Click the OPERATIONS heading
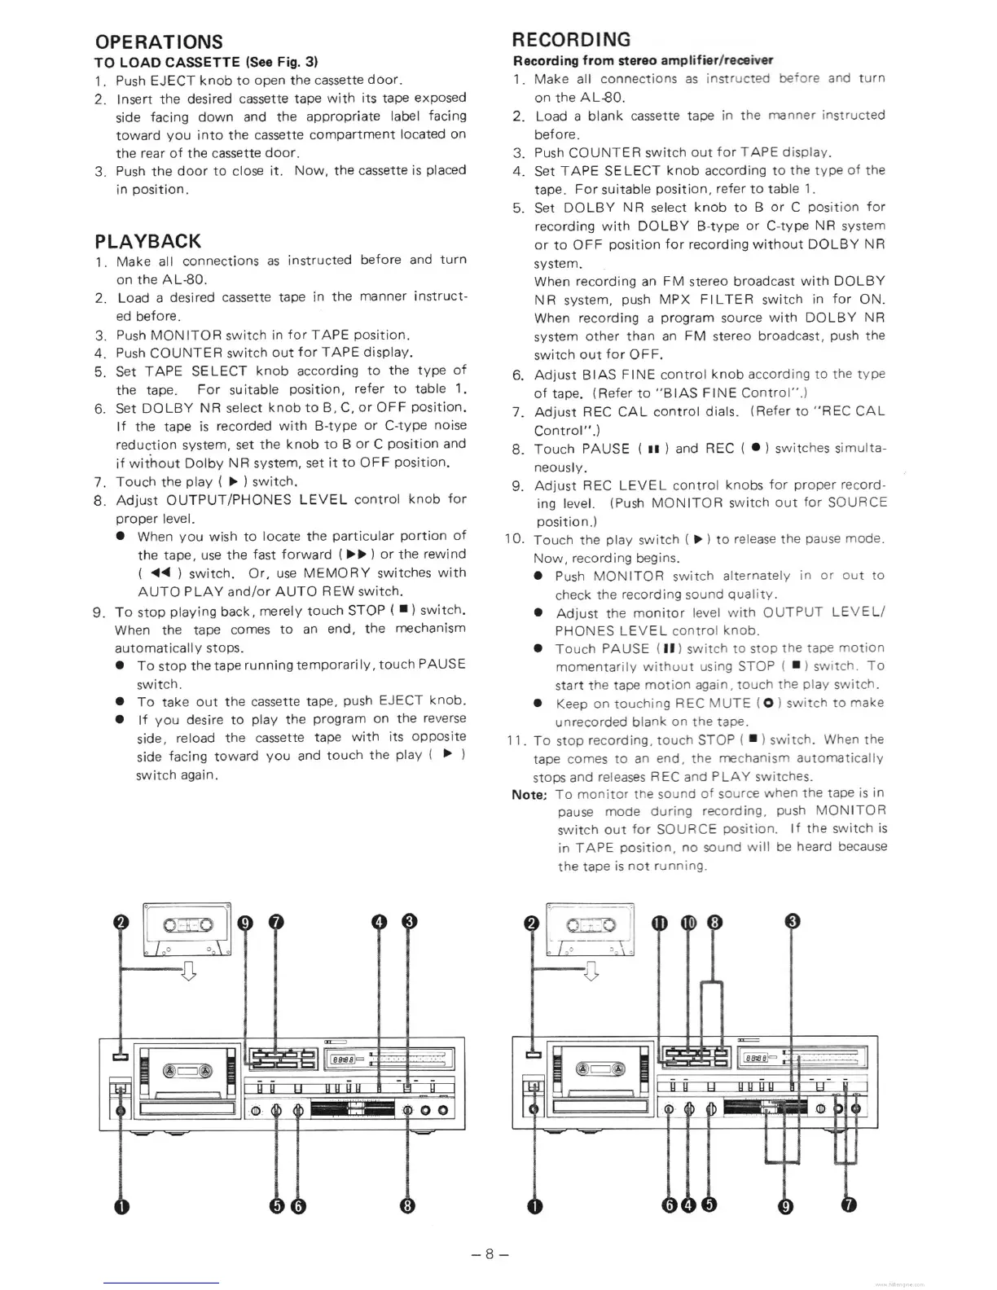click(x=159, y=42)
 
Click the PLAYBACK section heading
click(x=147, y=241)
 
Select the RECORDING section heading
click(x=571, y=39)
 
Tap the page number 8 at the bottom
click(x=490, y=1254)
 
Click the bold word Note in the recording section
click(x=528, y=794)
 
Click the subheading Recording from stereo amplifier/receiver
click(x=642, y=60)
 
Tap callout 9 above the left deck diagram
click(x=246, y=923)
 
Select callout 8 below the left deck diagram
click(x=408, y=1205)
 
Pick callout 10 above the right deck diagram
click(x=688, y=922)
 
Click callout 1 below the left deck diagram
click(x=121, y=1206)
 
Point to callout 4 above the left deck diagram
click(x=379, y=922)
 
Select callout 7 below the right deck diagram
click(x=849, y=1205)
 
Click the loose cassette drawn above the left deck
click(x=188, y=926)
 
